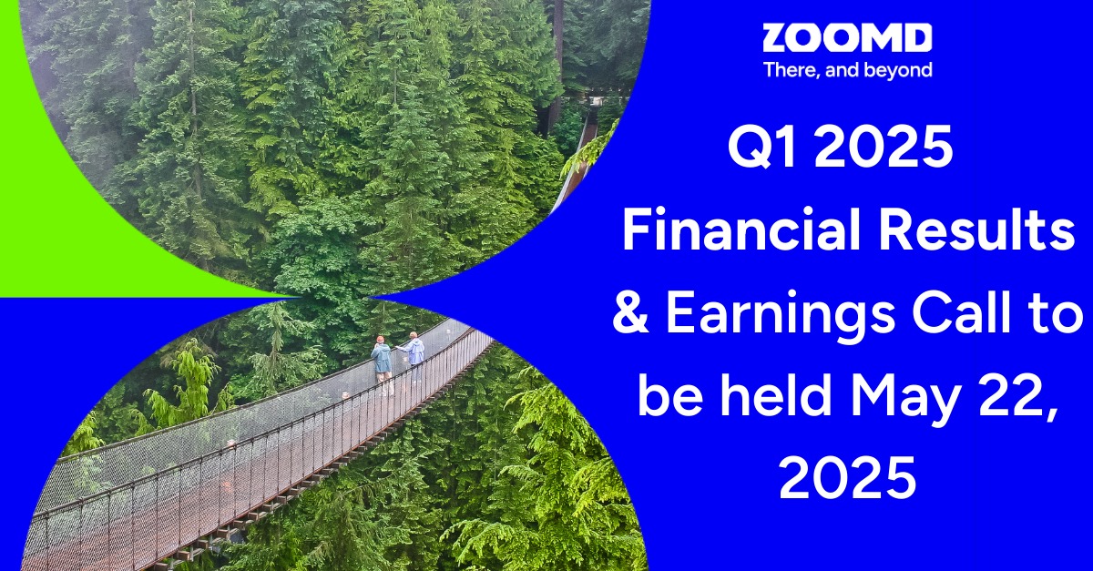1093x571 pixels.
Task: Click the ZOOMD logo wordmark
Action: point(846,38)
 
